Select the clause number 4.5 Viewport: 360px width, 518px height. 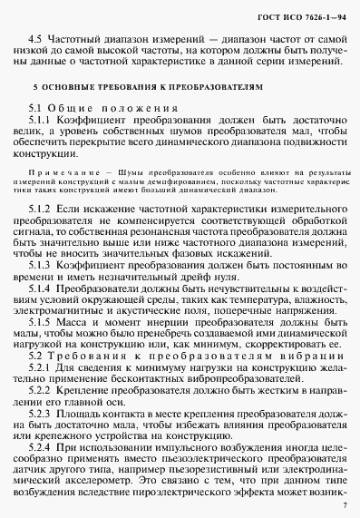[x=34, y=43]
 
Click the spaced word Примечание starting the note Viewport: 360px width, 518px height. [x=59, y=171]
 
